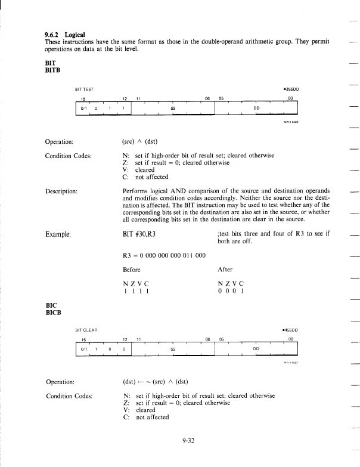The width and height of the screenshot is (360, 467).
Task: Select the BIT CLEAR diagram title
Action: pos(88,329)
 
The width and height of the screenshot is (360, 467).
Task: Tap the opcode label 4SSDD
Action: pos(288,329)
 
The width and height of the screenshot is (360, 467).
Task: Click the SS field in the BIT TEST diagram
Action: pos(173,109)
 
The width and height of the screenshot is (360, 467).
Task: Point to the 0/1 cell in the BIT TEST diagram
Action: pos(84,109)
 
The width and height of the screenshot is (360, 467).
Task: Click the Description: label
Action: pos(65,192)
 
